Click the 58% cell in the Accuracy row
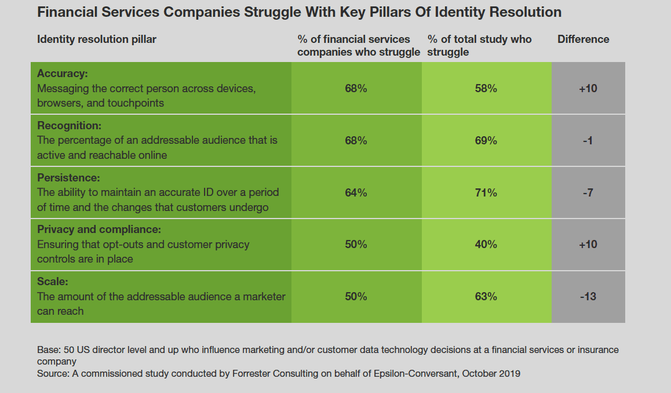pyautogui.click(x=486, y=89)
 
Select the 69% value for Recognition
pyautogui.click(x=486, y=141)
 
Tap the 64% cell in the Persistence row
pyautogui.click(x=356, y=193)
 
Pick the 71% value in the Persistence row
pyautogui.click(x=486, y=193)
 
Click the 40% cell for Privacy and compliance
pyautogui.click(x=486, y=245)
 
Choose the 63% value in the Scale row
pyautogui.click(x=486, y=297)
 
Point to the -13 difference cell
pyautogui.click(x=588, y=297)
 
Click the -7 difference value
pyautogui.click(x=588, y=193)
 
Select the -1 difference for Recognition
pyautogui.click(x=588, y=141)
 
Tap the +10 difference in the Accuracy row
pyautogui.click(x=588, y=89)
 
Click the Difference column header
pyautogui.click(x=583, y=39)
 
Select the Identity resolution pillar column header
pyautogui.click(x=97, y=39)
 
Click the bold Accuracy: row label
pyautogui.click(x=61, y=74)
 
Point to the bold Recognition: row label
pyautogui.click(x=69, y=126)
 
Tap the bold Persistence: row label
pyautogui.click(x=68, y=178)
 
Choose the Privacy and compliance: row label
pyautogui.click(x=99, y=230)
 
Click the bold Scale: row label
pyautogui.click(x=53, y=282)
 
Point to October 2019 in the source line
pyautogui.click(x=491, y=374)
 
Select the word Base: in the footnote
pyautogui.click(x=48, y=350)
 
